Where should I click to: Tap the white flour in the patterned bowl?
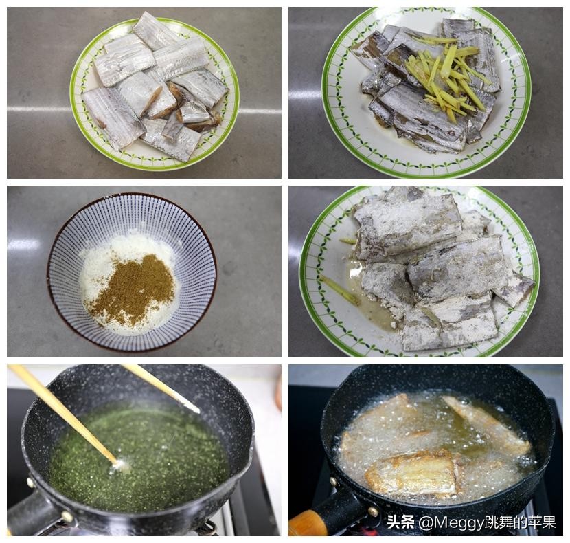click(x=103, y=261)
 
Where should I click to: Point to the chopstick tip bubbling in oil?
click(x=121, y=465)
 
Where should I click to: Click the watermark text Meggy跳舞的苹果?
click(x=488, y=522)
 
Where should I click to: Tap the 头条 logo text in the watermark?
click(x=400, y=522)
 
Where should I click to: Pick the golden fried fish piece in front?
click(x=412, y=474)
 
